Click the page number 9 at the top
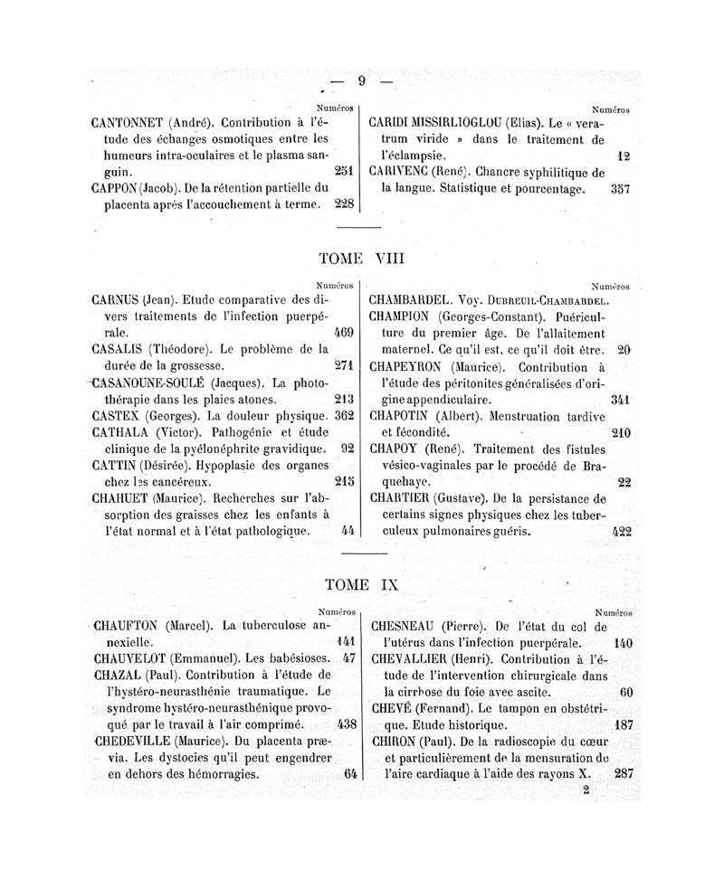tap(361, 80)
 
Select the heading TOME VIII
tap(361, 259)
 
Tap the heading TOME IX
tap(360, 585)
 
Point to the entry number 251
tap(343, 171)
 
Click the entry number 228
tap(343, 203)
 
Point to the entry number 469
tap(343, 333)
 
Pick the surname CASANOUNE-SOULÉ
tap(155, 382)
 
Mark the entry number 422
tap(621, 532)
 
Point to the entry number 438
tap(345, 724)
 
